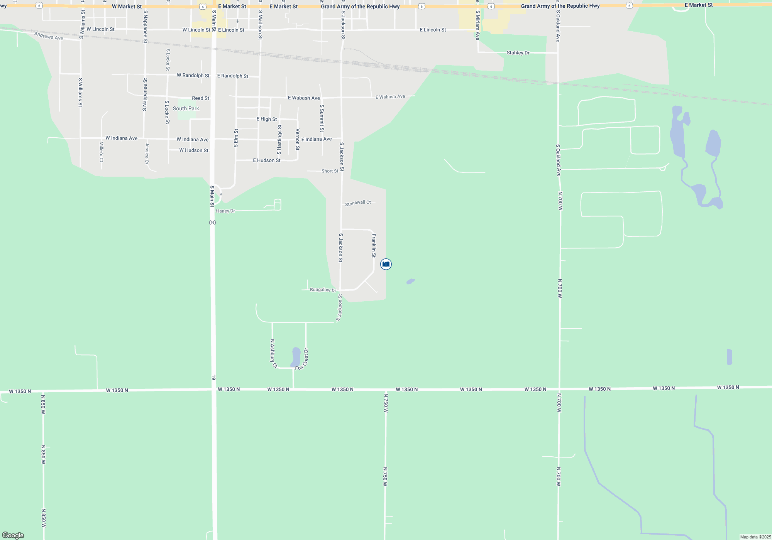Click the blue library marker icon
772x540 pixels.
[386, 264]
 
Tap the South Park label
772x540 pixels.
[186, 109]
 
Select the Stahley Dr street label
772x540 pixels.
[518, 53]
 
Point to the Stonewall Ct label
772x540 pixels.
[358, 203]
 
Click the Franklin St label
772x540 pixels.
[374, 245]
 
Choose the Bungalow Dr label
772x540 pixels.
[323, 290]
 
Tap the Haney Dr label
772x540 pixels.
[225, 211]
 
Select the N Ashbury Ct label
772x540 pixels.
[273, 353]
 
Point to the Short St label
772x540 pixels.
[330, 171]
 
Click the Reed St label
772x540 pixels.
[200, 98]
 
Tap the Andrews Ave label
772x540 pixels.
[49, 36]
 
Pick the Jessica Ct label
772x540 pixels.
[147, 153]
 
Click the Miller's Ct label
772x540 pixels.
[102, 152]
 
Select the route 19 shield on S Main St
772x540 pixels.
[212, 223]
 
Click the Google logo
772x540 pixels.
[13, 535]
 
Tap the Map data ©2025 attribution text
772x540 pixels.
[755, 537]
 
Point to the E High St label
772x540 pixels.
[266, 119]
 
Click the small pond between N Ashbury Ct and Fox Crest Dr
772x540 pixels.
[296, 356]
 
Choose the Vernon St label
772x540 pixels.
[298, 139]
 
